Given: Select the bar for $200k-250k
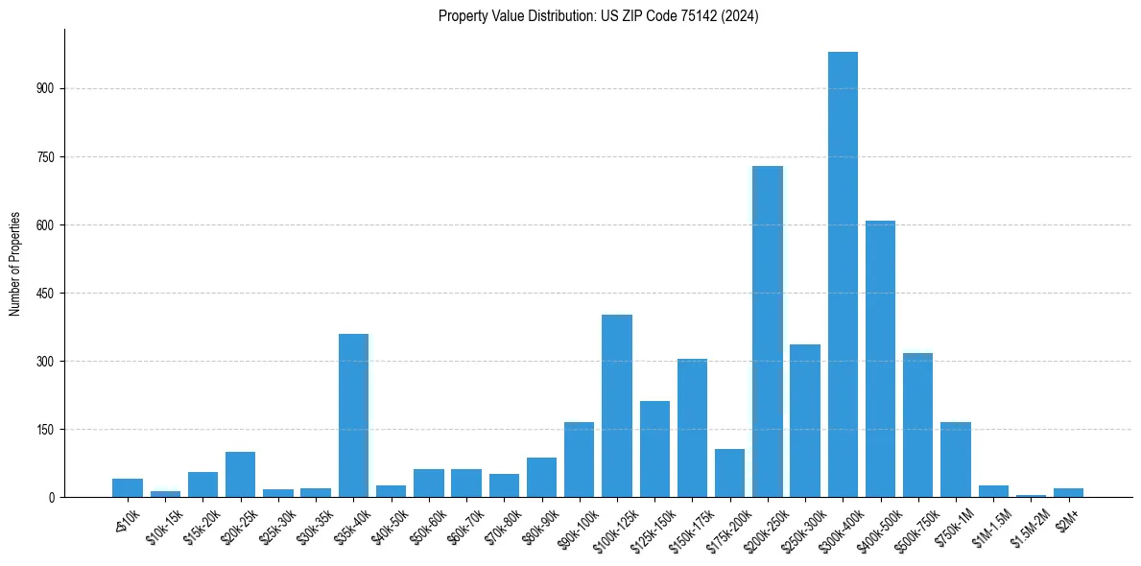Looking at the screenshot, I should pos(768,331).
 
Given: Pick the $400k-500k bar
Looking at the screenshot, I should pos(880,359).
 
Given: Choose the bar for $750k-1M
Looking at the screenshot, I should pos(956,460).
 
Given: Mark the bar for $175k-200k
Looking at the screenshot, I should pos(730,473).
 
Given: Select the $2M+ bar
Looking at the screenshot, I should pos(1068,492).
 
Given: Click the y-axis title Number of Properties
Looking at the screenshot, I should pos(14,263).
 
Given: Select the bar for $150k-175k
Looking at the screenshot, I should pos(692,428).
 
